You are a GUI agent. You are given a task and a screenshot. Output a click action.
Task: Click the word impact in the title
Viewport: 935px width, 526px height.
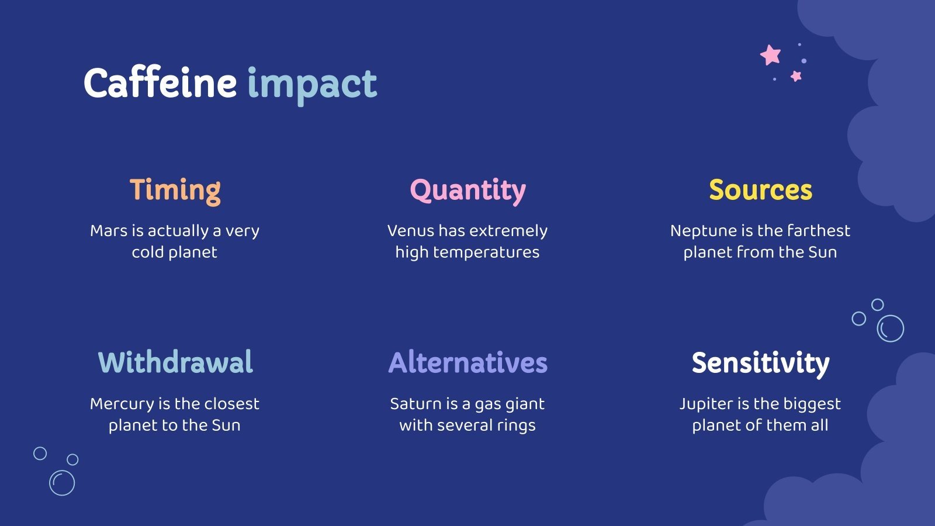312,85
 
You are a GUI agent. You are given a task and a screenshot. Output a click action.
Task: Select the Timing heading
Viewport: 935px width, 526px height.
175,191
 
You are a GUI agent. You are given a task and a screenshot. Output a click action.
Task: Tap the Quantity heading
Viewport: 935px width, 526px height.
467,191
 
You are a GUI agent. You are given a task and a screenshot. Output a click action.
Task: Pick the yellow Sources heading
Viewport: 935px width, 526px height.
760,191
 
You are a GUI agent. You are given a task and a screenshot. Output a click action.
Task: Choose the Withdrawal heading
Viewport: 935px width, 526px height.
175,362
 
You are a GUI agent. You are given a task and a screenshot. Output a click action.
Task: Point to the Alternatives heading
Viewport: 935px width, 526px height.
467,362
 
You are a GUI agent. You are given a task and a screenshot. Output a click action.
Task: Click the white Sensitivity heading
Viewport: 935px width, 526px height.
760,363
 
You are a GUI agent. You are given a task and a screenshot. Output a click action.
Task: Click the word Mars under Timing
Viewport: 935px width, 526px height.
109,231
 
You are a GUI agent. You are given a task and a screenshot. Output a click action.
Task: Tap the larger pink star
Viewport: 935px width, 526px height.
771,55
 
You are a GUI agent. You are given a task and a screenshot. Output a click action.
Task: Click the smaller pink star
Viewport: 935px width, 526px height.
796,76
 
